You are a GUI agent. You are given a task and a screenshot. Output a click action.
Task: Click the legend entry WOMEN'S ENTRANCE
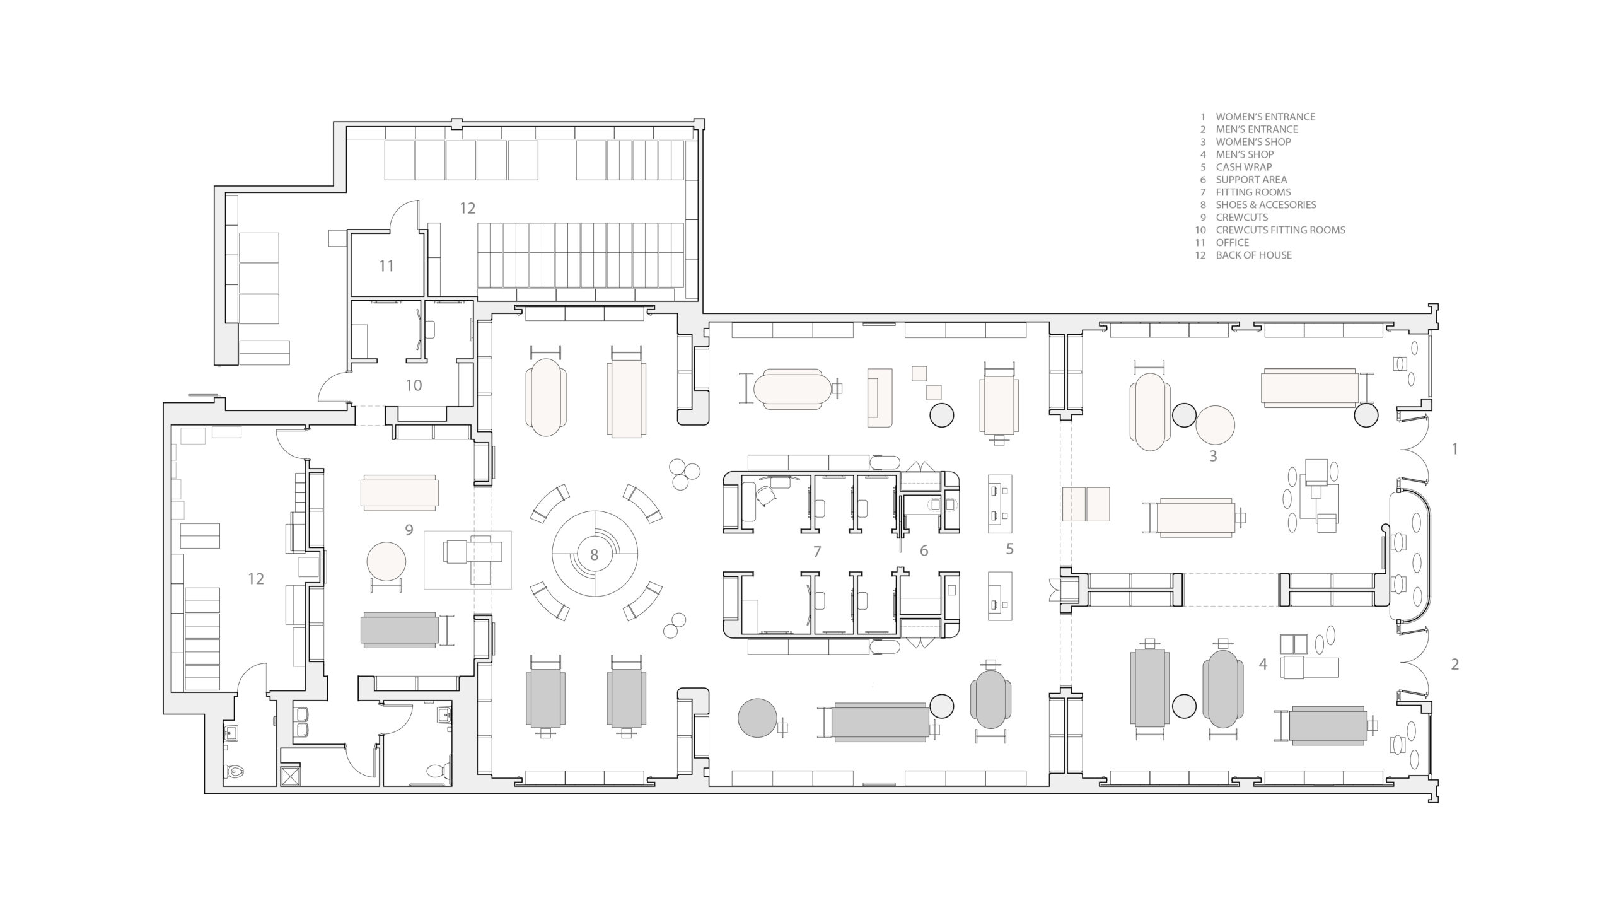click(x=1265, y=117)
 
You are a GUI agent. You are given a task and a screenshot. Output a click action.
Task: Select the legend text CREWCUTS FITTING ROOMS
click(x=1280, y=230)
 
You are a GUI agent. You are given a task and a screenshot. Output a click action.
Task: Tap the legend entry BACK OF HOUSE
click(x=1254, y=255)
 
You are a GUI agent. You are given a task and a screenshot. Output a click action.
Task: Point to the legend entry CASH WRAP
click(x=1244, y=167)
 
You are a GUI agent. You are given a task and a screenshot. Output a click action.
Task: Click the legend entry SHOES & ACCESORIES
click(x=1266, y=205)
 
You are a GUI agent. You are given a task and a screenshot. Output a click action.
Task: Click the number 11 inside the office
click(x=386, y=266)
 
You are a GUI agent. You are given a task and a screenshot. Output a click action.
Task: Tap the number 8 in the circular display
click(x=594, y=555)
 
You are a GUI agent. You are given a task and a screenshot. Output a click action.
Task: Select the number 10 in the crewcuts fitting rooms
click(x=414, y=385)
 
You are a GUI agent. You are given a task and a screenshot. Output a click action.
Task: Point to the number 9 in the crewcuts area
click(x=409, y=530)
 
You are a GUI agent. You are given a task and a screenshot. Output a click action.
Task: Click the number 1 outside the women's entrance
click(x=1455, y=449)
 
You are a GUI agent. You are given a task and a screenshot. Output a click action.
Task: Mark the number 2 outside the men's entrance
click(x=1455, y=664)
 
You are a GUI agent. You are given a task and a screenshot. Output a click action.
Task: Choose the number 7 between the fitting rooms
click(x=817, y=552)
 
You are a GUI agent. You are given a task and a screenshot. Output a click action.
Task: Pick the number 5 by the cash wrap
click(x=1009, y=549)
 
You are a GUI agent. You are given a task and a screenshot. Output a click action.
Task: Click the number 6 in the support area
click(x=924, y=551)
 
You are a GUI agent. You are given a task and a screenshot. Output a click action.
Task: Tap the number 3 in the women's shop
click(x=1213, y=456)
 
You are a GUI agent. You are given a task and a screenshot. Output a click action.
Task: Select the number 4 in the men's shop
click(x=1263, y=664)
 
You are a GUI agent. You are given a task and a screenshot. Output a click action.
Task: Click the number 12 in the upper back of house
click(x=467, y=208)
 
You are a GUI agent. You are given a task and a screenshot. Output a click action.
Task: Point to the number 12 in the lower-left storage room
click(x=255, y=578)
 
